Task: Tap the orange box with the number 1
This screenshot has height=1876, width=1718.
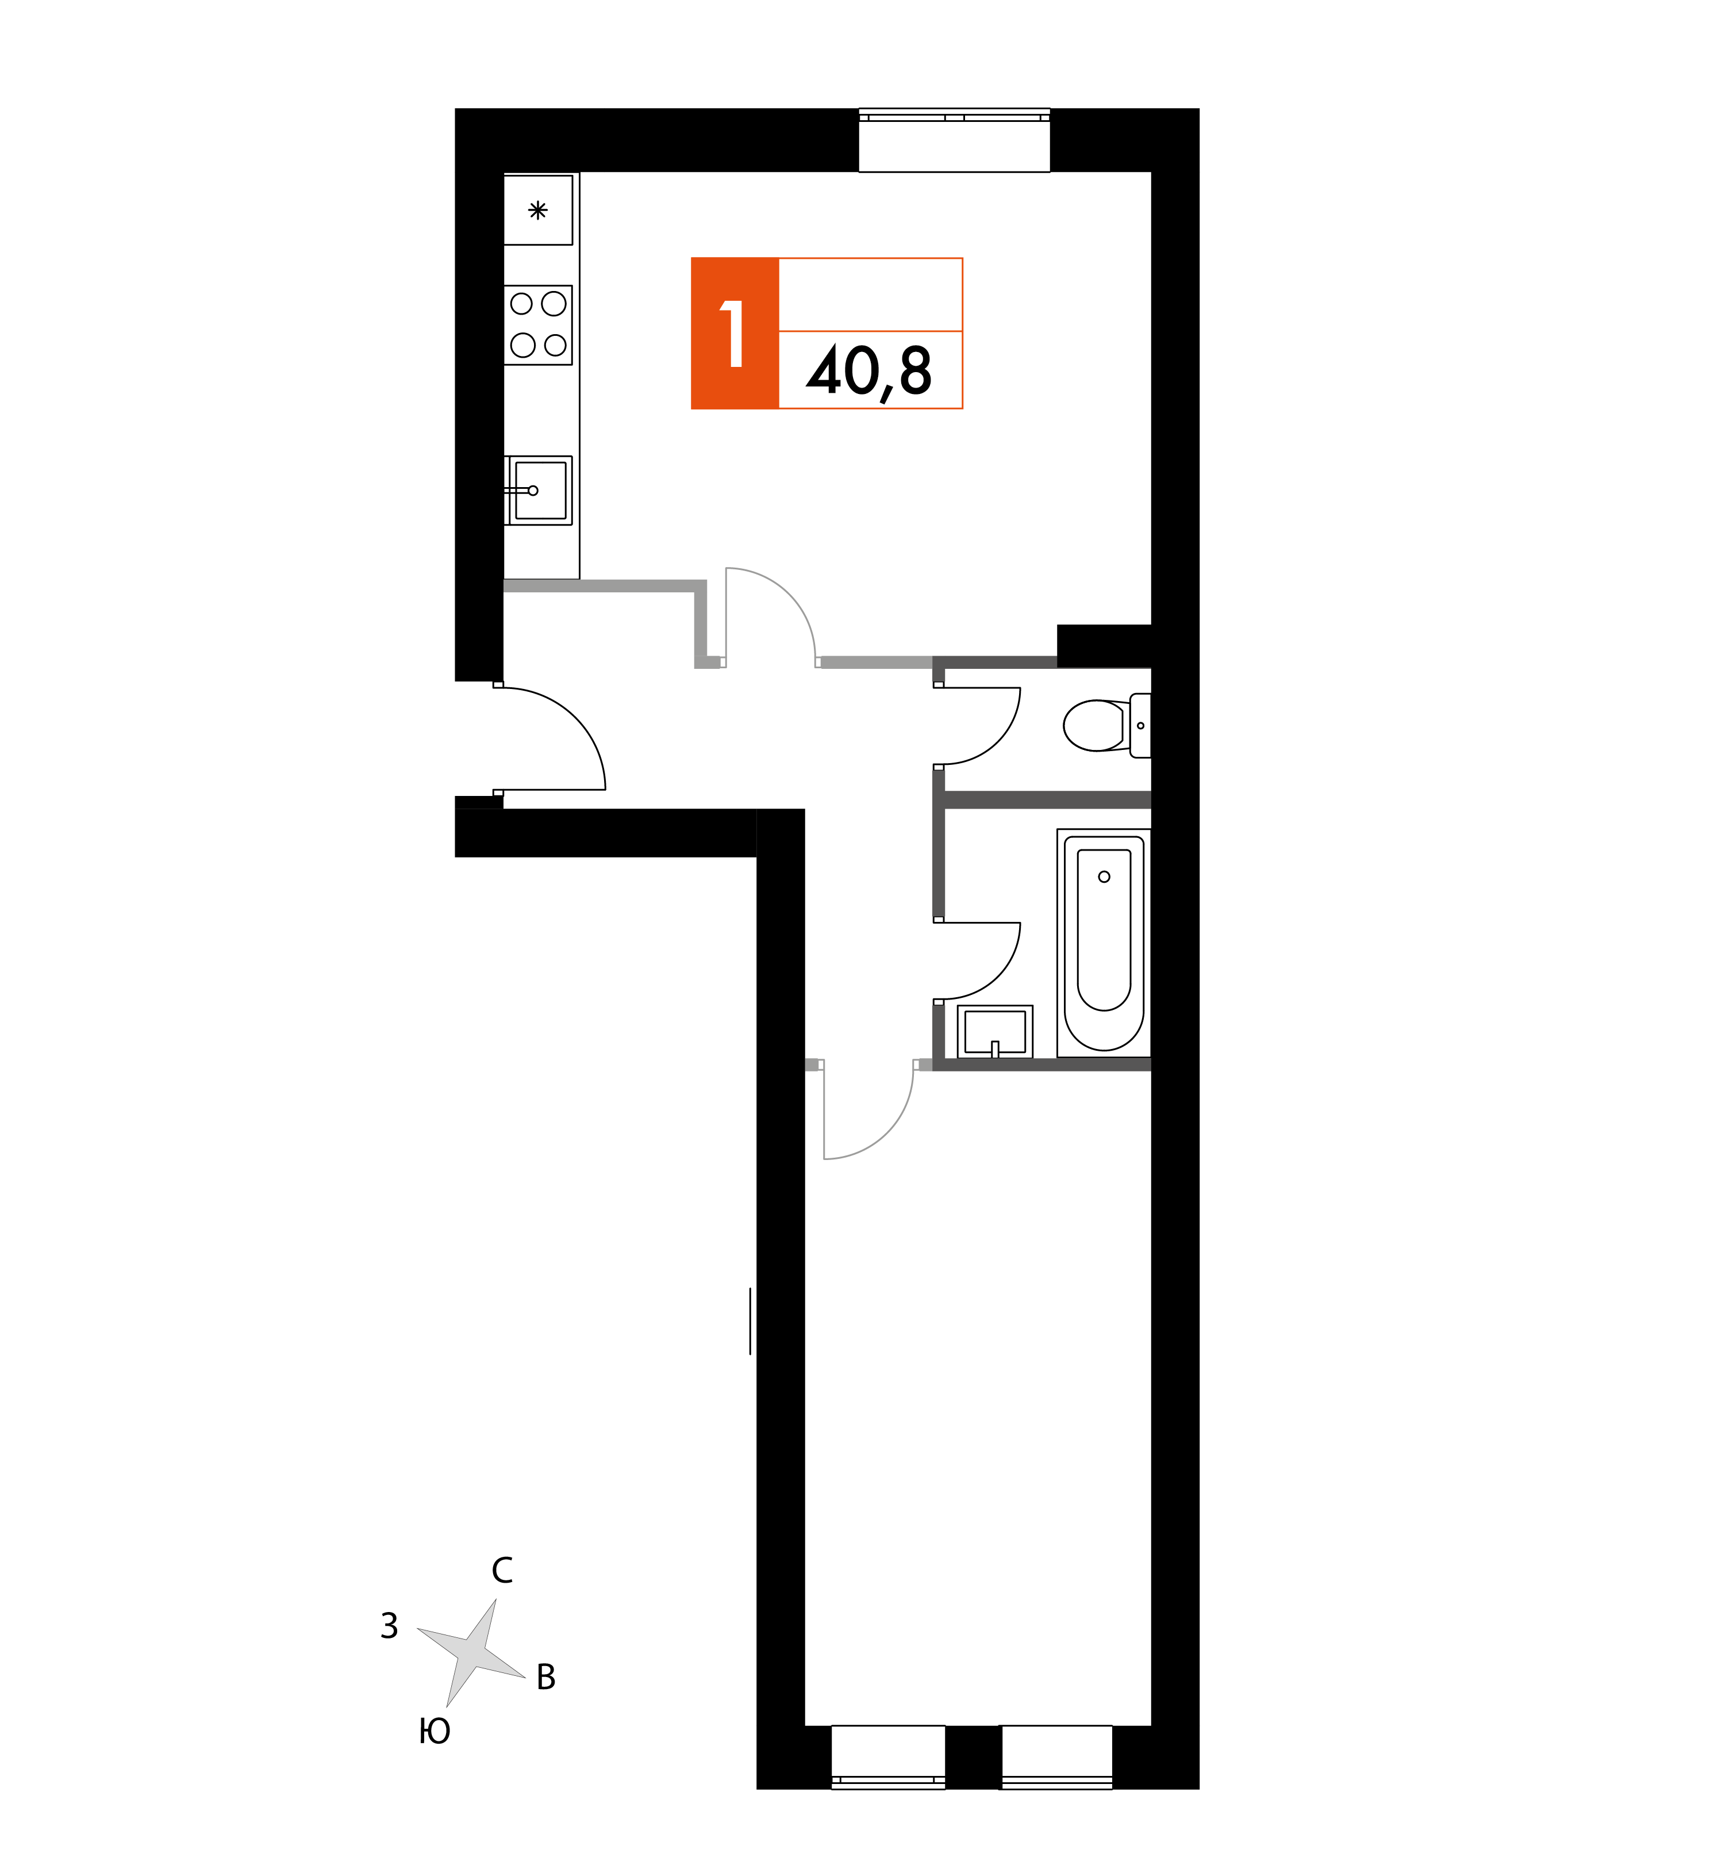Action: coord(735,333)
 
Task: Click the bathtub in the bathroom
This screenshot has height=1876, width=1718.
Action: coord(1104,943)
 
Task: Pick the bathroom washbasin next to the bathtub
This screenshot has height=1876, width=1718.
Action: coord(994,1031)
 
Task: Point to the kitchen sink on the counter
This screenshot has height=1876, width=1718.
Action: coord(539,491)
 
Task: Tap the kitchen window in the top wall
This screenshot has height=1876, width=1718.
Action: coord(954,140)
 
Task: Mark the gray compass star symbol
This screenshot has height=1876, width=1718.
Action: coord(471,1653)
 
